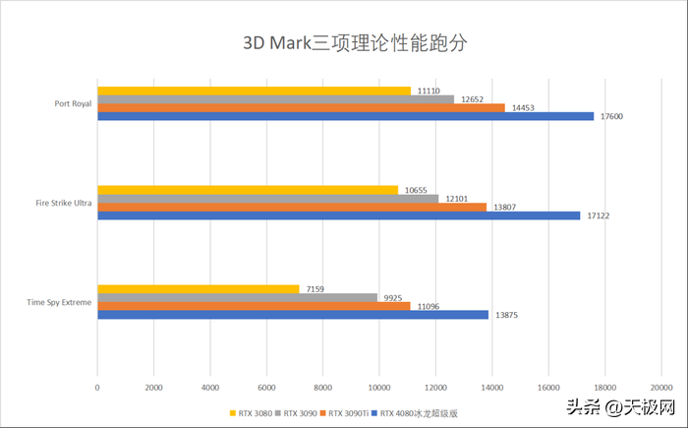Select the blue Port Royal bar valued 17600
345,116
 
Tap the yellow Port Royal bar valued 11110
254,91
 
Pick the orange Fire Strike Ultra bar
292,207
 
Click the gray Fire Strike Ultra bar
267,198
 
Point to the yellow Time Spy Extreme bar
198,289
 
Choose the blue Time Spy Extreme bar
293,315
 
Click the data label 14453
525,107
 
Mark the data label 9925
395,297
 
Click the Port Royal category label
73,103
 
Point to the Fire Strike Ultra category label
63,203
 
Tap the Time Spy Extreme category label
61,302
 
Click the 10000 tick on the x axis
378,388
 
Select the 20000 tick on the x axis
660,388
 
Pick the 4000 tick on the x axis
209,388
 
